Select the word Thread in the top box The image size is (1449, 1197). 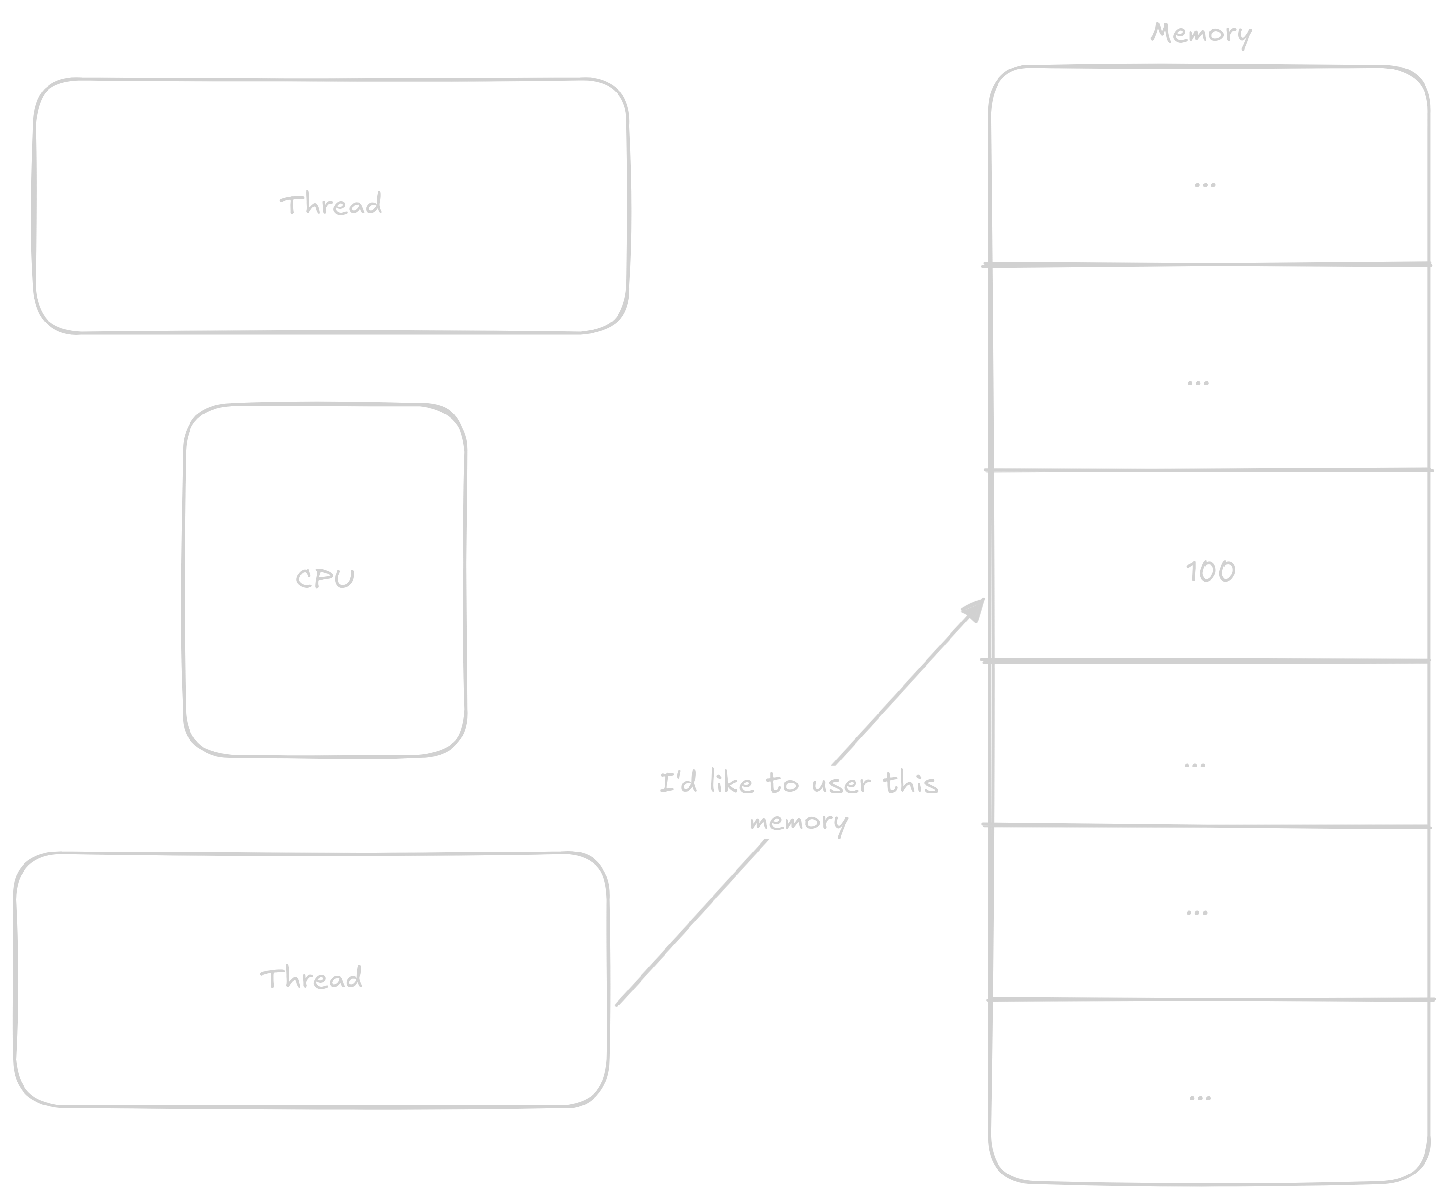[x=331, y=205]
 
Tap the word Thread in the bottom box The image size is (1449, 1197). [x=311, y=978]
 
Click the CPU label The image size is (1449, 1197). [x=325, y=578]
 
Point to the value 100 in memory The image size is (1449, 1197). [x=1210, y=572]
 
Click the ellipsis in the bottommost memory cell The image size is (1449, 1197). [x=1200, y=1096]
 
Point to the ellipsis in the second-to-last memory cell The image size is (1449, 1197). [x=1196, y=912]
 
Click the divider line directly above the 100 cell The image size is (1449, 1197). [x=1208, y=470]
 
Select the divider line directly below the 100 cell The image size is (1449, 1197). [x=1208, y=661]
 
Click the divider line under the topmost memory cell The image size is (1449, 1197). [x=1208, y=264]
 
